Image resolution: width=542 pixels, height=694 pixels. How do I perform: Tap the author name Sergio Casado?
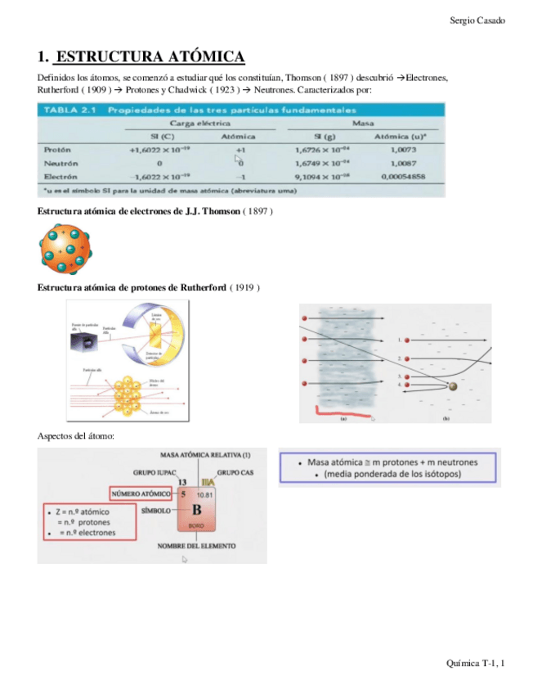pos(477,20)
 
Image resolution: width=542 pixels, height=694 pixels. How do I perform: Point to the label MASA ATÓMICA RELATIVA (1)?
pos(205,455)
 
